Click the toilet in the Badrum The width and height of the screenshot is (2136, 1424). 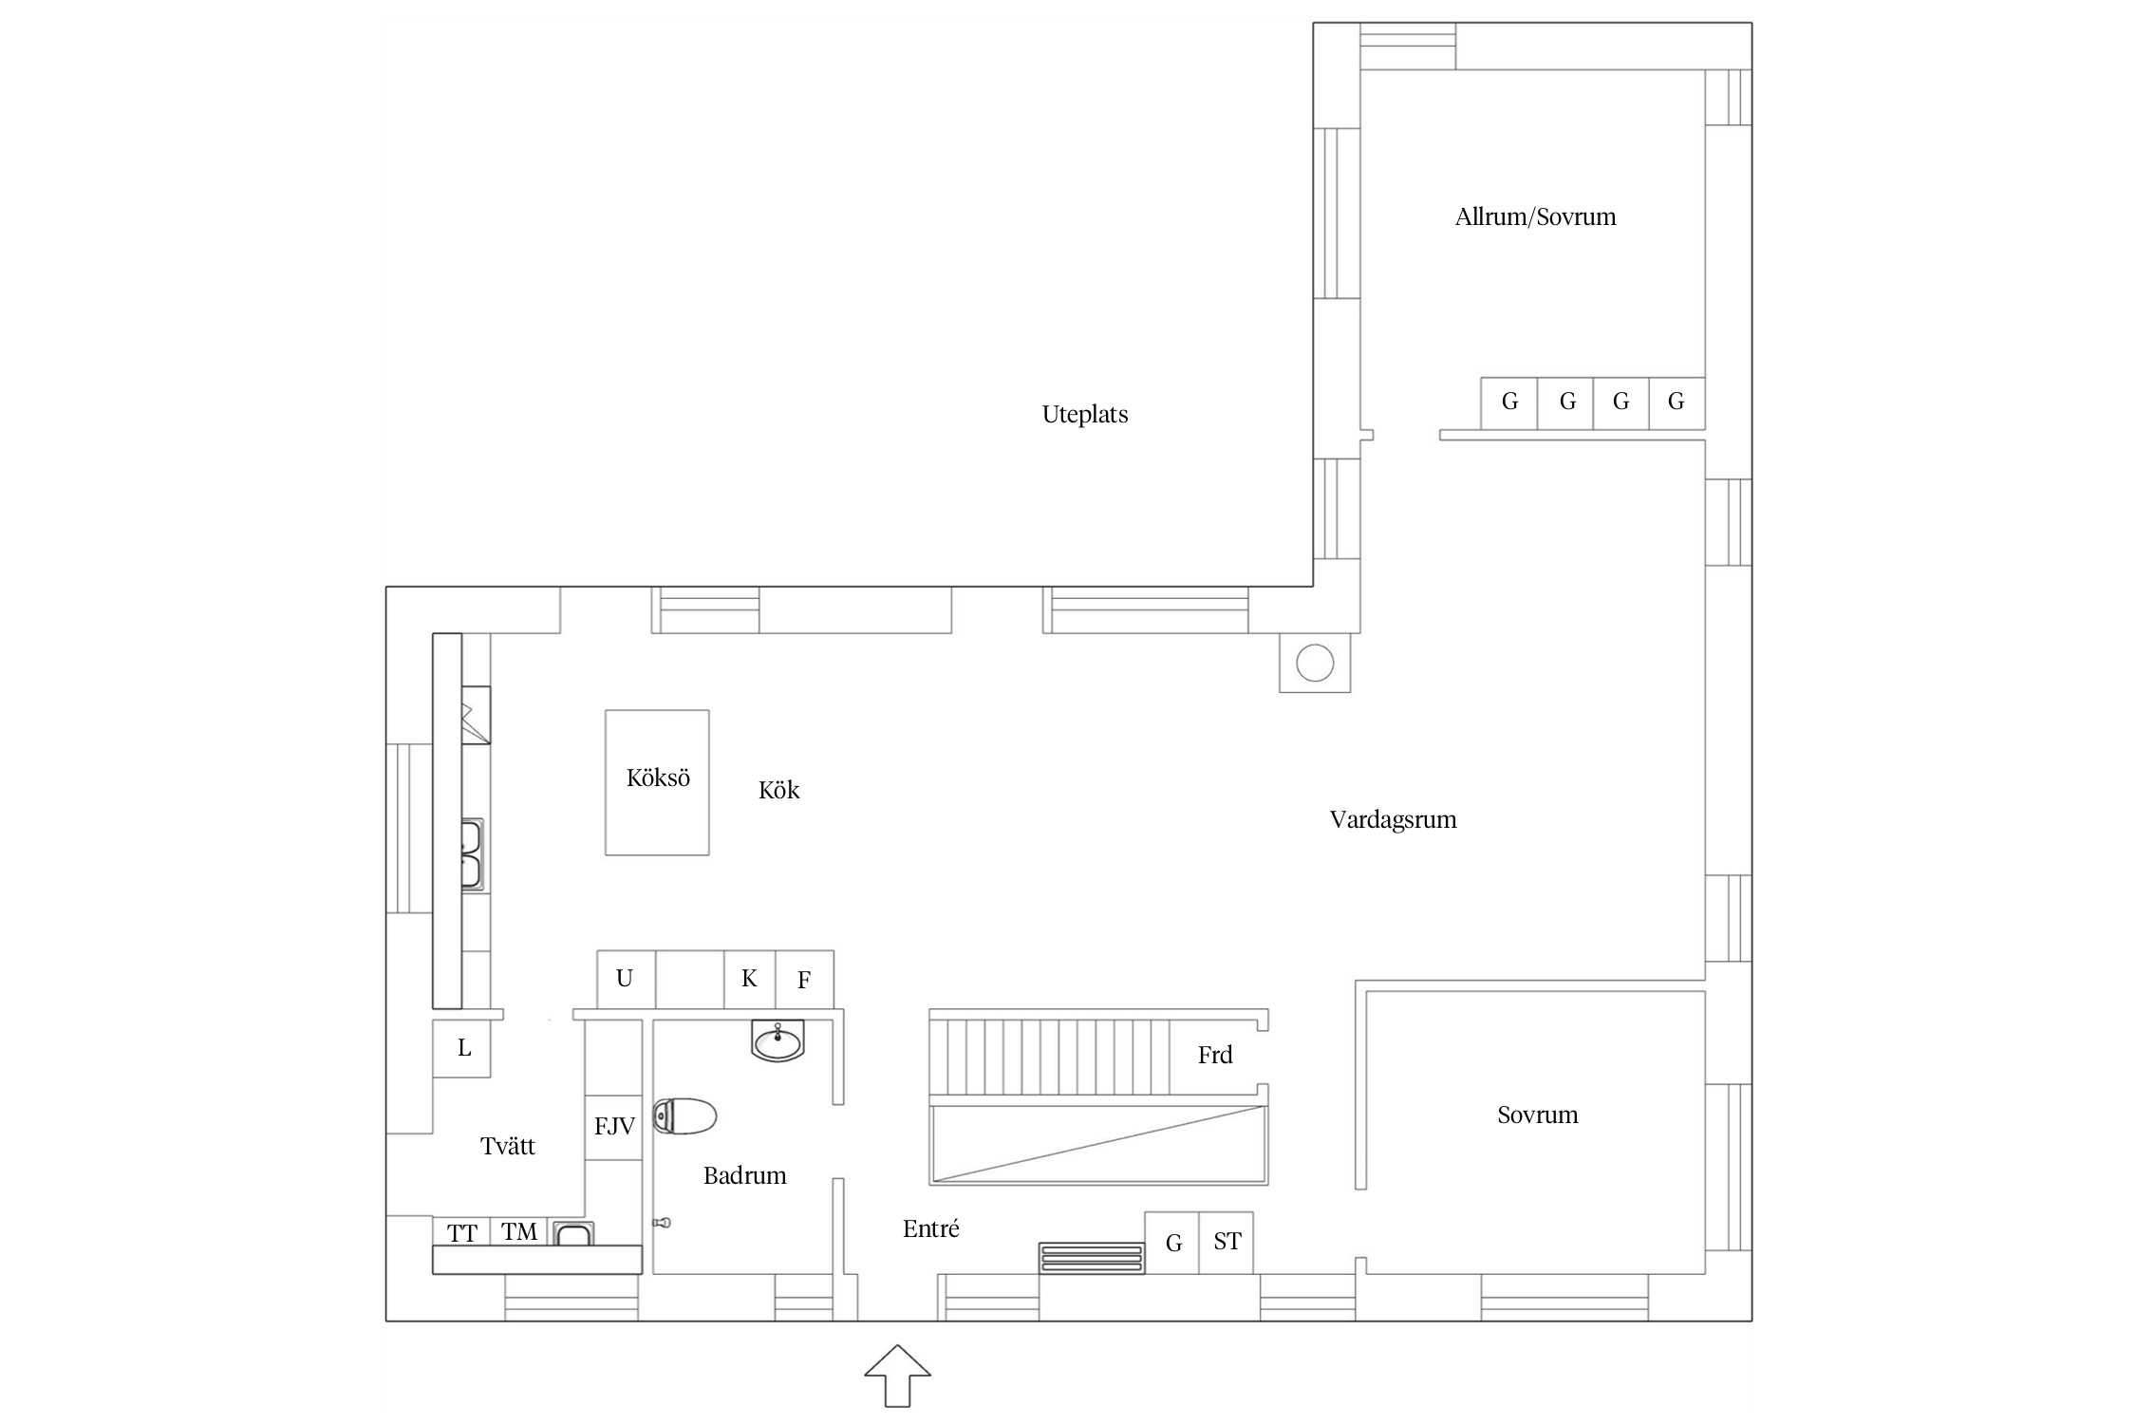[684, 1116]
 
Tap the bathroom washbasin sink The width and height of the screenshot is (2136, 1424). [778, 1040]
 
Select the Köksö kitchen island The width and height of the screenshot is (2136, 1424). [657, 782]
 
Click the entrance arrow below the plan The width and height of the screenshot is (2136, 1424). [897, 1375]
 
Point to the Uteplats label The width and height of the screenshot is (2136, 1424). [1085, 415]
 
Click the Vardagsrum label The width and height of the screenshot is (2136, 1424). [1393, 820]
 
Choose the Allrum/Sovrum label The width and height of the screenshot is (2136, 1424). [1535, 217]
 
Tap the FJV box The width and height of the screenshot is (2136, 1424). [614, 1127]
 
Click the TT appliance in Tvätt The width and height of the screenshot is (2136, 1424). [461, 1232]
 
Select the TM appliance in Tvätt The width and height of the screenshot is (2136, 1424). [519, 1232]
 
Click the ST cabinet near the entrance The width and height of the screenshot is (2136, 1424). [1227, 1243]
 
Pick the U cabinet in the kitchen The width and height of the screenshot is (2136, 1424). [626, 980]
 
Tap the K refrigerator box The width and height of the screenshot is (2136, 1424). [750, 980]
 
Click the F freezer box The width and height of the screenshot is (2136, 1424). [805, 980]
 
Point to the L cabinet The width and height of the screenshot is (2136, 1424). [462, 1048]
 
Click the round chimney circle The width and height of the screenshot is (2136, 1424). [1315, 663]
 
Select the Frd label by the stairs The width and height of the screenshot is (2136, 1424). [1215, 1055]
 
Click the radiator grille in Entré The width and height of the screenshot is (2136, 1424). [1092, 1258]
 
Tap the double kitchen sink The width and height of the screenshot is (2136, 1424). [472, 854]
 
